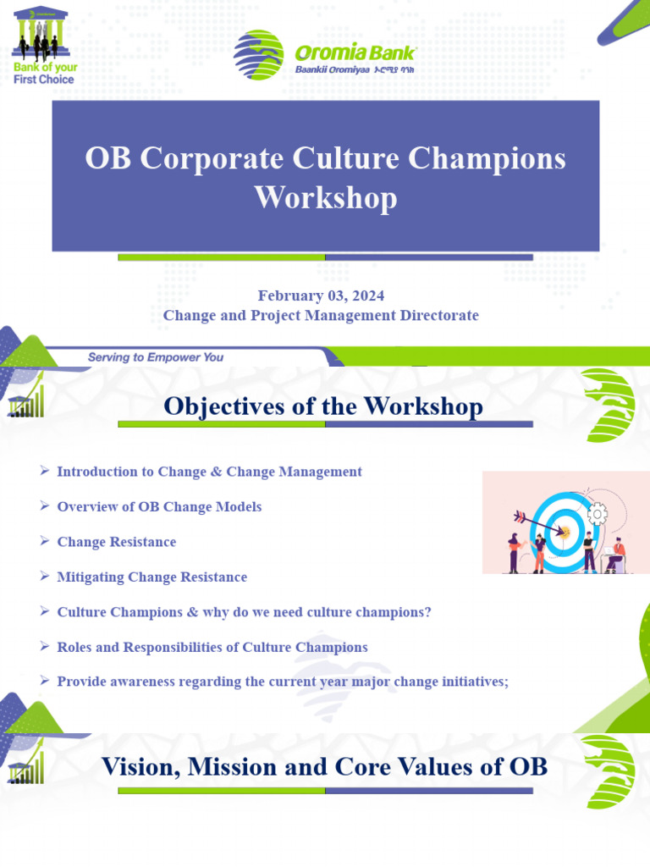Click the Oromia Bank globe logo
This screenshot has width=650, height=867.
pos(259,56)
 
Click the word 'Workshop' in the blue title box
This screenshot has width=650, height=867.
pos(326,197)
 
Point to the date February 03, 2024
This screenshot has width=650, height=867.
pos(321,295)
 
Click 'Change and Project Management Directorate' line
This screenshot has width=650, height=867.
pos(321,315)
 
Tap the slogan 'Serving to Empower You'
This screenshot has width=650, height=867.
pos(156,357)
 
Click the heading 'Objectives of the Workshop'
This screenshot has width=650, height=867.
pos(323,406)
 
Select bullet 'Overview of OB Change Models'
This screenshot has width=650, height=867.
pos(159,506)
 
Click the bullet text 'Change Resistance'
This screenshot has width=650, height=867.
pos(117,542)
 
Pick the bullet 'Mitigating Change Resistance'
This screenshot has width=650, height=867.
pos(151,577)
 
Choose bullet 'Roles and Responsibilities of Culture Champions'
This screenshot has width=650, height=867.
pos(212,647)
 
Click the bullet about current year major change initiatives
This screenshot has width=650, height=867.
pos(283,682)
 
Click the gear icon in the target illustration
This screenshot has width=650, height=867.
pos(598,512)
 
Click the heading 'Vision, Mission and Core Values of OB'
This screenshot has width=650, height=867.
pos(324,767)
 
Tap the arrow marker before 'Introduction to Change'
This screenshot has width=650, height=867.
pos(45,472)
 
